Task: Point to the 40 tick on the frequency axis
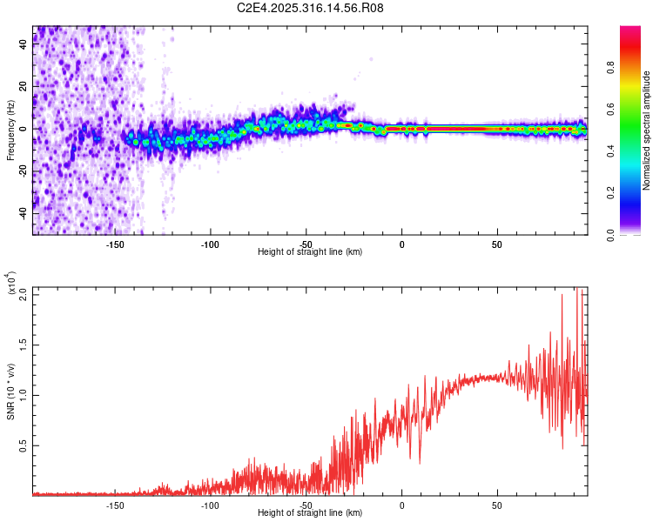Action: point(24,45)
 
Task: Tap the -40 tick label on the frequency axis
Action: point(24,213)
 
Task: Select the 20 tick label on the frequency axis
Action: point(24,87)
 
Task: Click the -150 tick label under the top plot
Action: point(114,244)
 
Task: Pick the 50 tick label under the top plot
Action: point(497,244)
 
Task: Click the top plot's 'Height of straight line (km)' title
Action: point(310,252)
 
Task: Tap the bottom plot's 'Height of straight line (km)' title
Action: point(310,513)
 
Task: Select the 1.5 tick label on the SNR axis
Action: point(24,345)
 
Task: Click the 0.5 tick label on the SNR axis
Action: point(24,445)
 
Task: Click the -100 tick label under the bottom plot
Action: point(210,505)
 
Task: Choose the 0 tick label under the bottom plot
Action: point(401,505)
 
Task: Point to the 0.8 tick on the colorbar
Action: point(612,67)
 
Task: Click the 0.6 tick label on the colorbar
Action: point(612,109)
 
